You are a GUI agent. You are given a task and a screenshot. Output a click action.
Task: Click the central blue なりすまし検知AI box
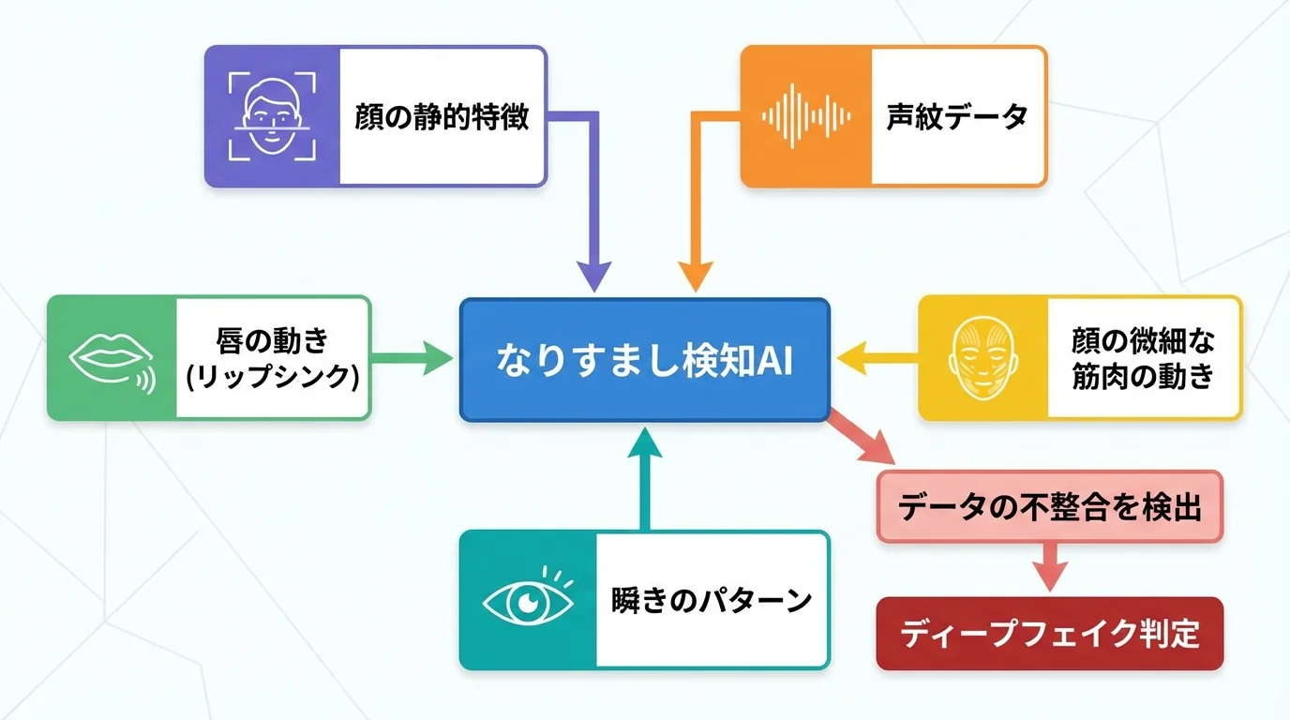tap(644, 360)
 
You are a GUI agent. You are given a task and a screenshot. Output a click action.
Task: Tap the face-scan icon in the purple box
tap(273, 116)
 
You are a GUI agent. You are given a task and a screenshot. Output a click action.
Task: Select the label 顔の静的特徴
tap(442, 117)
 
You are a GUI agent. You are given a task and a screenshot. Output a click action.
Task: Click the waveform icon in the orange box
tap(806, 116)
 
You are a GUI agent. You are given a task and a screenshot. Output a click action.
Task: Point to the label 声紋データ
tap(957, 117)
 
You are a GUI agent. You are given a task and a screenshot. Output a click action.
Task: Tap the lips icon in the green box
tap(112, 358)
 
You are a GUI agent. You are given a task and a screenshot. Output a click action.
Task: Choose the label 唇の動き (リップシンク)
tap(272, 358)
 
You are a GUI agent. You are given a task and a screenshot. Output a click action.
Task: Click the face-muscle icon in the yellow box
tap(982, 357)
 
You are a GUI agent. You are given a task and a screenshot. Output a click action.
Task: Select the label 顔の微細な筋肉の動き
tap(1143, 357)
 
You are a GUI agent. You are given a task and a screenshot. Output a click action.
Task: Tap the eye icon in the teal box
tap(528, 601)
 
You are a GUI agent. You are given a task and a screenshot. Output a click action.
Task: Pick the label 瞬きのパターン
tap(711, 601)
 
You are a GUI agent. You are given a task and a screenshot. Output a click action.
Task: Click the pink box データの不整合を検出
tap(1049, 507)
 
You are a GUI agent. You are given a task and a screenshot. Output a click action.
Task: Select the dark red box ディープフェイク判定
tap(1049, 634)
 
